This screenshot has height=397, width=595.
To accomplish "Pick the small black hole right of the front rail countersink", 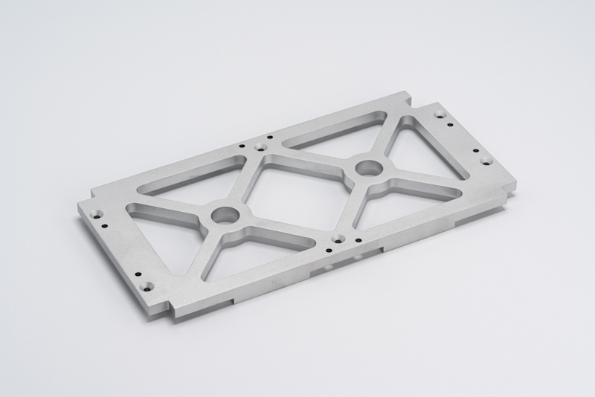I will tap(358, 239).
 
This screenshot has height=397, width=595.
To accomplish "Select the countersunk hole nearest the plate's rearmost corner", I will tap(440, 114).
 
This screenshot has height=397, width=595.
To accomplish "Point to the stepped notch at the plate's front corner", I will tap(173, 309).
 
